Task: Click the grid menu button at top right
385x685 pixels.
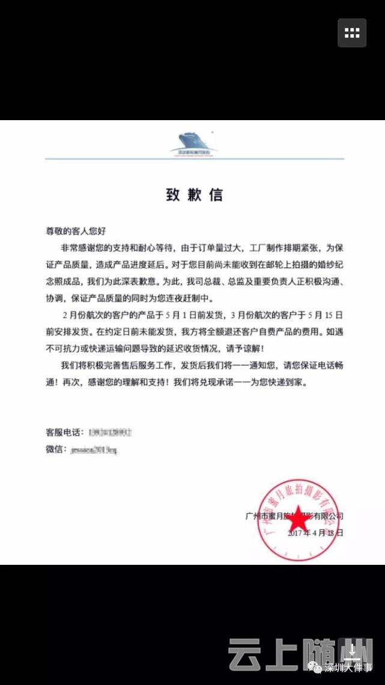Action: point(352,33)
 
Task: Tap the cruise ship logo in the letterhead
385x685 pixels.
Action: point(194,142)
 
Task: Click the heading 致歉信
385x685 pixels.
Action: point(194,195)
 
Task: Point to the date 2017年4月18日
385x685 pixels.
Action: point(315,533)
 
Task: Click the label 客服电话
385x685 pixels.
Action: point(63,432)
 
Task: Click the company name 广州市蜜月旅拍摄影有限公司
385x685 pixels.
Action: point(294,516)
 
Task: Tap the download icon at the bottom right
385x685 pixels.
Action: point(353,651)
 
